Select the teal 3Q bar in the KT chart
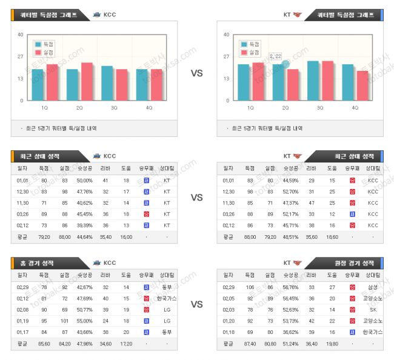(x=313, y=81)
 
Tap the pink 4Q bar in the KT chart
(x=362, y=85)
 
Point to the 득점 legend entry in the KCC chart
(x=46, y=44)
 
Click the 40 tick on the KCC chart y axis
(x=21, y=35)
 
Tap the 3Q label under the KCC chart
(x=114, y=107)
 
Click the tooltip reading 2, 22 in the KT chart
(x=276, y=56)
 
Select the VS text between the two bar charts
(x=197, y=73)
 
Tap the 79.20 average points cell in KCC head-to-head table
(x=44, y=237)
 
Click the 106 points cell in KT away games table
(x=250, y=287)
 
